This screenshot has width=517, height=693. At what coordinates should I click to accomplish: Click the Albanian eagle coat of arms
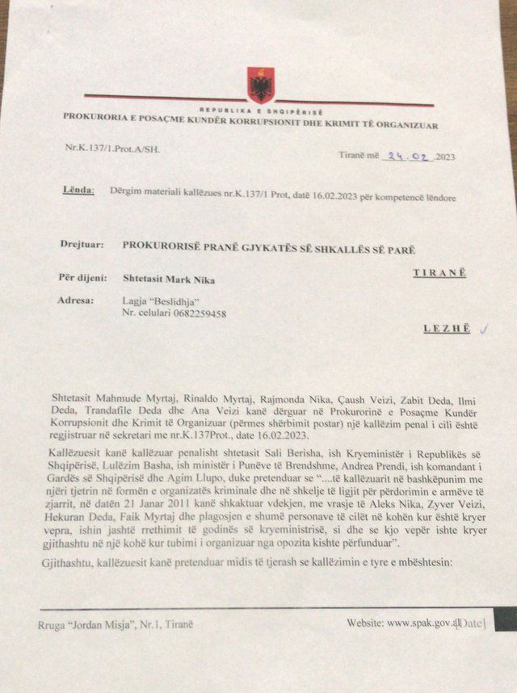tap(261, 85)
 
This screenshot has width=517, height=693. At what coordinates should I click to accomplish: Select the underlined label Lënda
tap(78, 191)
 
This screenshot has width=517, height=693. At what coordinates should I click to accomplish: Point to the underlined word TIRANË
tap(439, 273)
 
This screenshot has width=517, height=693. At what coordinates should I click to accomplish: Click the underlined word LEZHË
tap(445, 329)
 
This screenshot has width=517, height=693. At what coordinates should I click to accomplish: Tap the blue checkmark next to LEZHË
tap(485, 328)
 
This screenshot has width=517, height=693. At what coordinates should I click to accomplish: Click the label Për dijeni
tap(82, 279)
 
